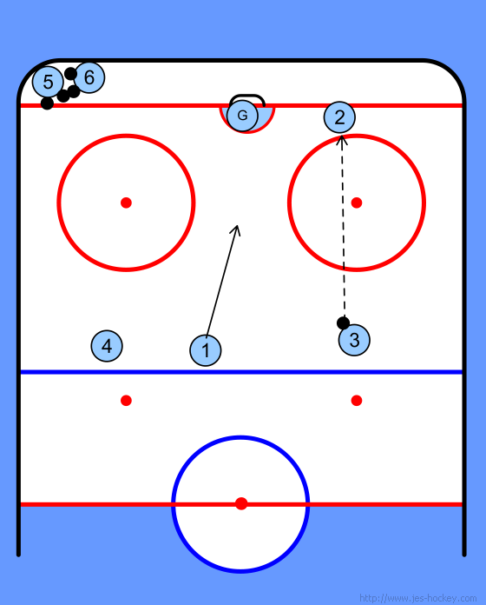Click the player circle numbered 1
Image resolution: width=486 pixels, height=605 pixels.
(206, 350)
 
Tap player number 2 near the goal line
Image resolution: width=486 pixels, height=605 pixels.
(339, 117)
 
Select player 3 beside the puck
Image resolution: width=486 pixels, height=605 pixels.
(354, 340)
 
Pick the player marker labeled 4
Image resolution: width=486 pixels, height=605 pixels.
(107, 346)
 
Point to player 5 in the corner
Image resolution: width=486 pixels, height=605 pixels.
(48, 82)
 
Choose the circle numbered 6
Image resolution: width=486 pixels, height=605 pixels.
(89, 77)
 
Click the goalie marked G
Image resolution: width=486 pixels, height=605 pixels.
(242, 115)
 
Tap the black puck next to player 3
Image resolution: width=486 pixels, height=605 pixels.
(343, 323)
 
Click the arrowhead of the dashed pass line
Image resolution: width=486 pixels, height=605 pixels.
(342, 140)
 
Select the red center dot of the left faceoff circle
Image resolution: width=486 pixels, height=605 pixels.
(127, 203)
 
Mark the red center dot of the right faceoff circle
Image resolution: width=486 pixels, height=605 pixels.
(357, 203)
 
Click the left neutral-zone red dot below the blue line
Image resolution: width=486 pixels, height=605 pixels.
(127, 401)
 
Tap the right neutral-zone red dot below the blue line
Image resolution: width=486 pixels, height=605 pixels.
(357, 401)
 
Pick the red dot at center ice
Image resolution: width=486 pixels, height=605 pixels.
(241, 503)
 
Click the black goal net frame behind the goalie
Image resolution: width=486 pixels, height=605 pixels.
(246, 96)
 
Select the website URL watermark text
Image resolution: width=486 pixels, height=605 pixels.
(417, 598)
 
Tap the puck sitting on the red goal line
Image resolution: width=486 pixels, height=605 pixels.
(47, 103)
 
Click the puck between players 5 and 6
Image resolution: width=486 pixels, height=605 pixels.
(70, 73)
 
